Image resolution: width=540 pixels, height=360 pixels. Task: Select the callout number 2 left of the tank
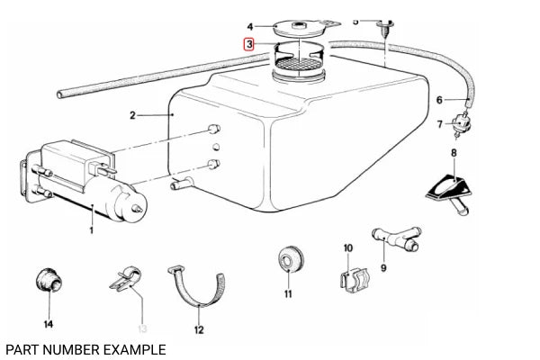132,115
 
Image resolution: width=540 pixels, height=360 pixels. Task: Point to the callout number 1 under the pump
91,230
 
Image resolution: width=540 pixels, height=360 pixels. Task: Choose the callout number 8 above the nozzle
454,154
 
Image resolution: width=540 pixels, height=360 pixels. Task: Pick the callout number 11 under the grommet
288,293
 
